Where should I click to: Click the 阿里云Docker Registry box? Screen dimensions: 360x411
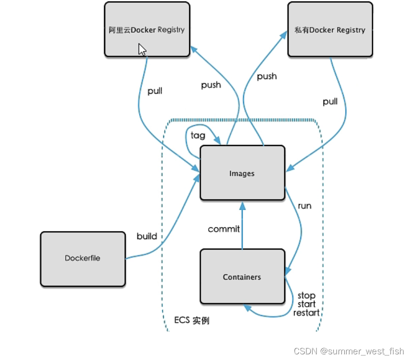pos(146,29)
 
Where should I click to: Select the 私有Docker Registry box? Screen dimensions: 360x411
pos(330,30)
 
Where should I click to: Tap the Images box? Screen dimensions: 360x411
pos(242,173)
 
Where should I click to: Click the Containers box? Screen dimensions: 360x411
pos(242,277)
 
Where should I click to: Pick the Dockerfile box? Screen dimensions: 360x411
pos(83,258)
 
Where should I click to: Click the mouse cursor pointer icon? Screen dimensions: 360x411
pos(142,50)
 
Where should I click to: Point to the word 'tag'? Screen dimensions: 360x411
pos(198,136)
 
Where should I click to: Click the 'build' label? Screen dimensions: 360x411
pos(147,236)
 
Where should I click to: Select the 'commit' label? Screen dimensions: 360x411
pos(224,229)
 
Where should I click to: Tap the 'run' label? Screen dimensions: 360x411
pos(305,206)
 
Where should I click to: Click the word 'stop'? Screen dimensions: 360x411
pos(306,296)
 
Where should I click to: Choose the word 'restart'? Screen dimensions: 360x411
pos(306,313)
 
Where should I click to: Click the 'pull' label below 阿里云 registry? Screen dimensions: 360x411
pos(155,91)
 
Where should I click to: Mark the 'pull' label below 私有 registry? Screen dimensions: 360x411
pos(330,102)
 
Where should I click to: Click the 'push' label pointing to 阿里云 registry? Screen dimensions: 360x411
pos(211,85)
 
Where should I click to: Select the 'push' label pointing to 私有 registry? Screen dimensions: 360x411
pos(267,76)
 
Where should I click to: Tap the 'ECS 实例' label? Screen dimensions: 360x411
pos(192,320)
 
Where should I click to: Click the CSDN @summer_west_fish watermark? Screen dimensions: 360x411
pos(349,351)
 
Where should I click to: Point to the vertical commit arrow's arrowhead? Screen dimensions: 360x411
pos(242,206)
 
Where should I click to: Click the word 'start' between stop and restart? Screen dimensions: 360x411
pos(306,304)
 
